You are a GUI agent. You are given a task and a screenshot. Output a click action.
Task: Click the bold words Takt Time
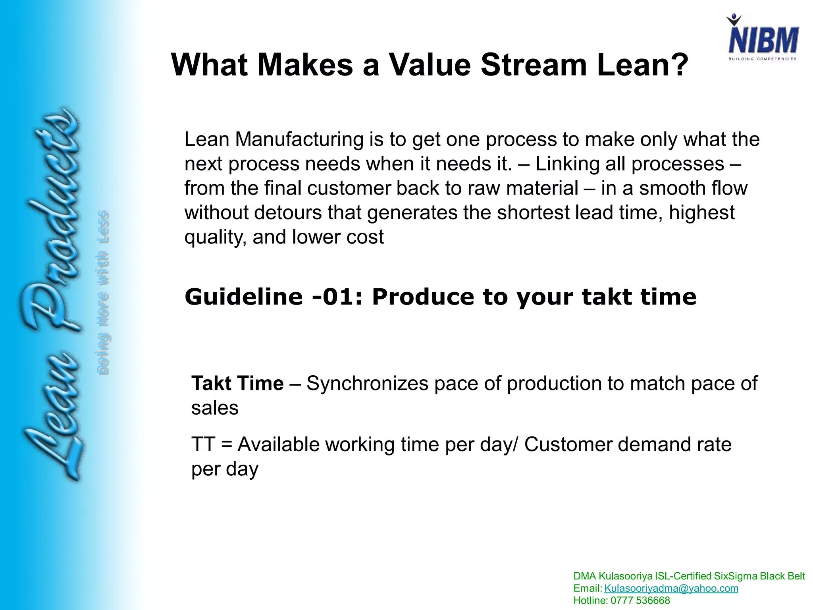[237, 384]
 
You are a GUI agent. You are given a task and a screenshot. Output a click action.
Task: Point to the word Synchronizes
[367, 384]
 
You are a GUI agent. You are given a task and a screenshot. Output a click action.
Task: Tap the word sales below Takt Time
[215, 408]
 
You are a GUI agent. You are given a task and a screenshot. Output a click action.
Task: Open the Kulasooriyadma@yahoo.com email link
[671, 588]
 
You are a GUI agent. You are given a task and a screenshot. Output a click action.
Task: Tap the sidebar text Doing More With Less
[103, 292]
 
